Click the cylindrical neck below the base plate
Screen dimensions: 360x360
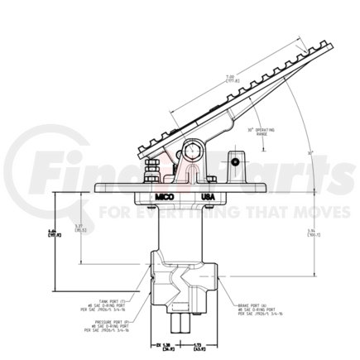point(180,228)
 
